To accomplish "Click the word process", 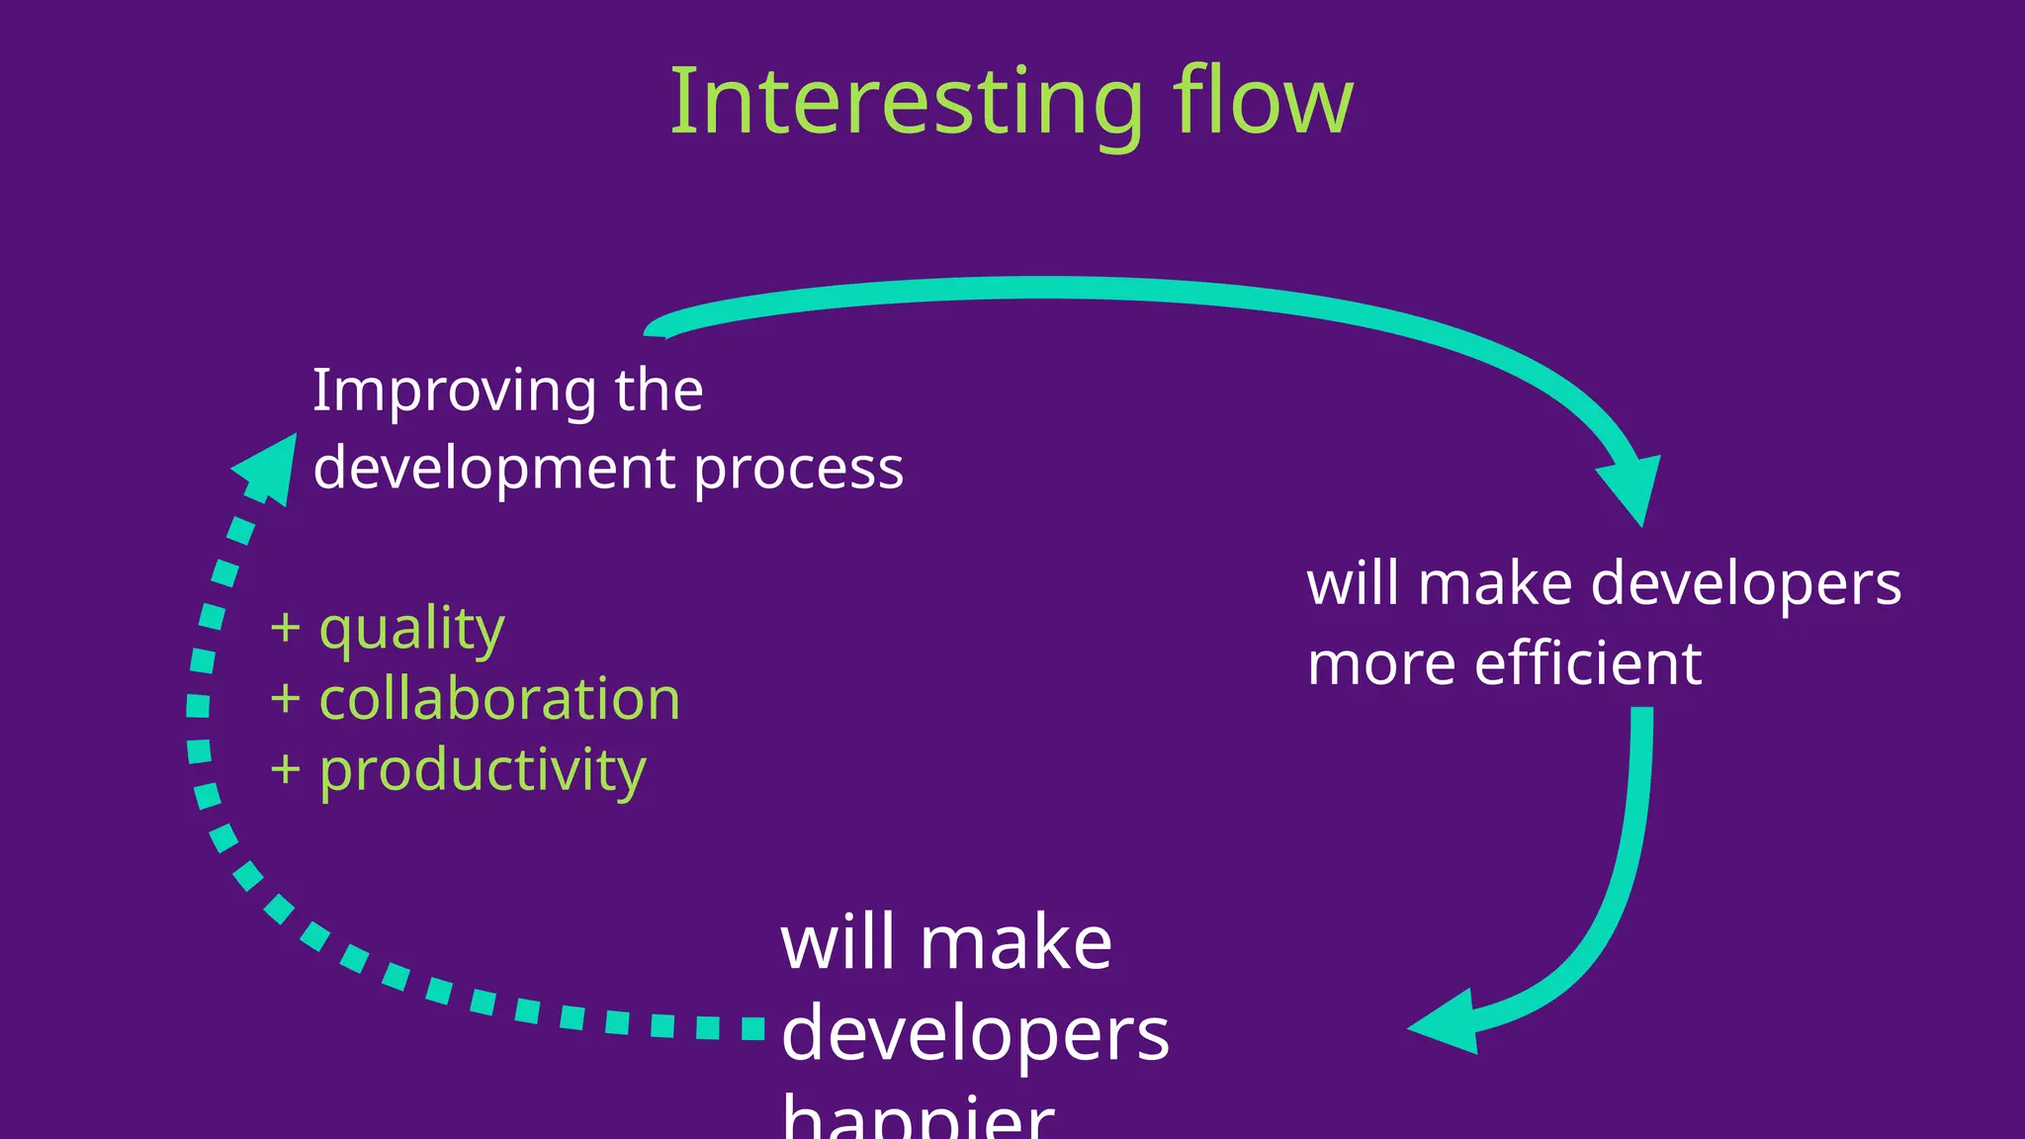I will (x=798, y=469).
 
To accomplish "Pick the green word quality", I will (x=411, y=630).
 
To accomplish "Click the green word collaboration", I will (x=499, y=700).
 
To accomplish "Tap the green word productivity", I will (x=483, y=771).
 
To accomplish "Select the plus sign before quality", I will (x=285, y=628).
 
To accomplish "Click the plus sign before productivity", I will (x=285, y=770).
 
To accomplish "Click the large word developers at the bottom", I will (x=975, y=1035).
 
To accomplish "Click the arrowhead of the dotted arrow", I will (x=269, y=469).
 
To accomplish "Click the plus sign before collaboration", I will (x=285, y=699).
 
